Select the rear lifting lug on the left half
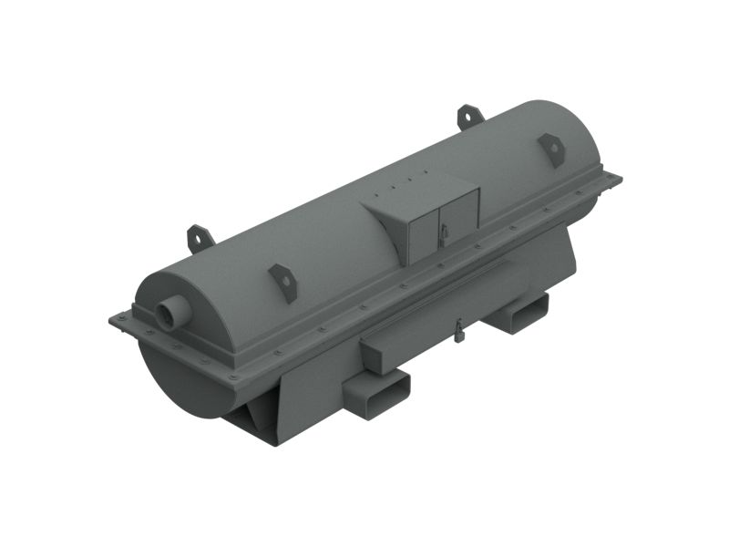pos(200,238)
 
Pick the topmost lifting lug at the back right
pos(469,116)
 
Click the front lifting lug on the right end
pos(551,148)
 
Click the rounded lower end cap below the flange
pos(182,383)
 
